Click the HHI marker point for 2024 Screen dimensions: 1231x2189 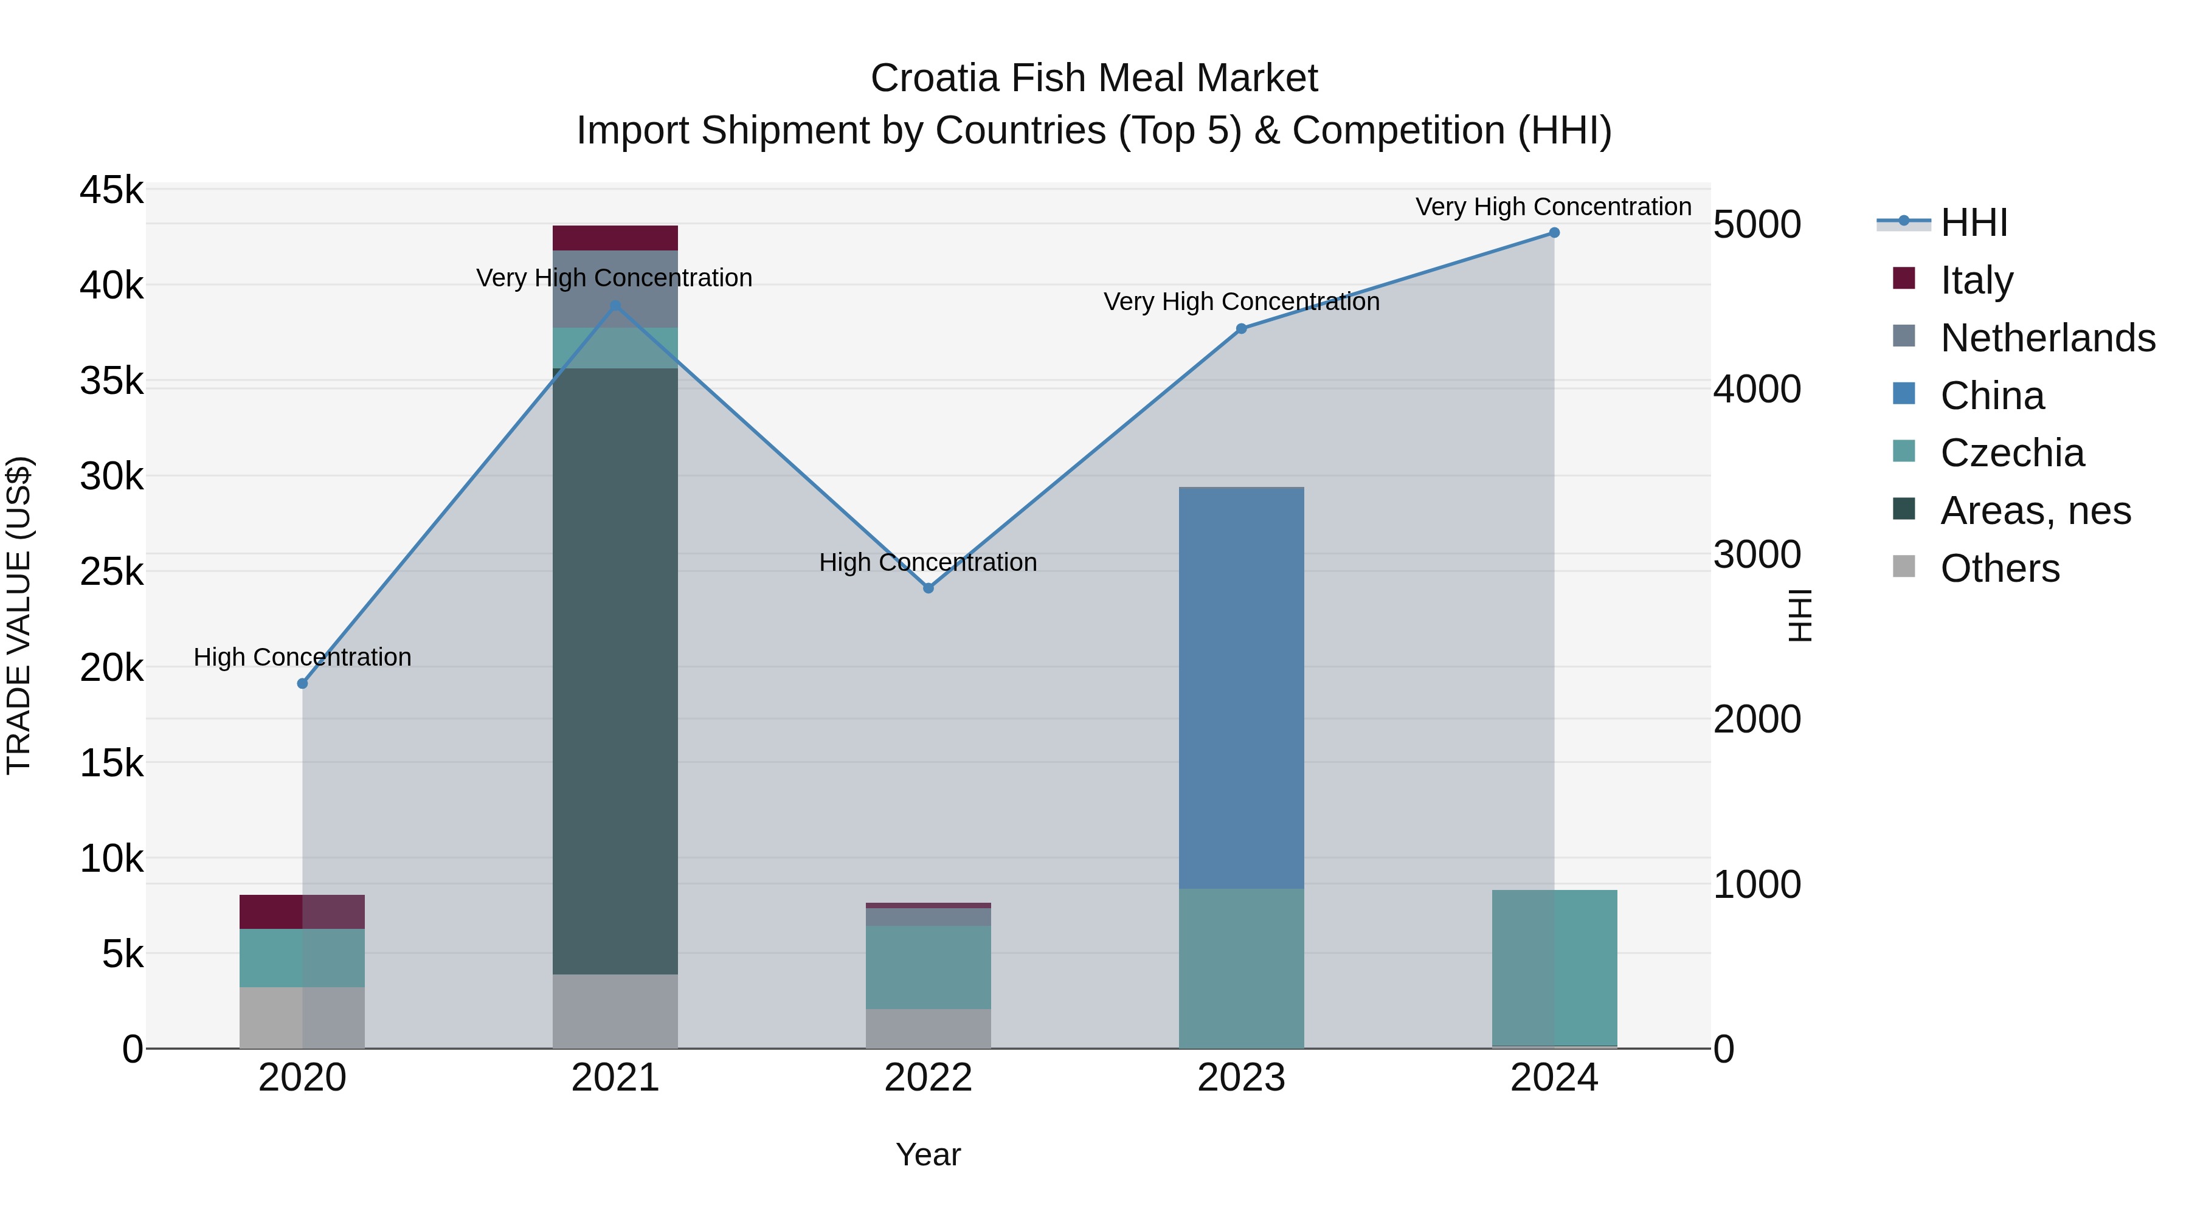1554,233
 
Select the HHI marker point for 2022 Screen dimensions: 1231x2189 928,588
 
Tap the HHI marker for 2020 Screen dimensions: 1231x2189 303,683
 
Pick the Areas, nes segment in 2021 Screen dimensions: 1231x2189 615,671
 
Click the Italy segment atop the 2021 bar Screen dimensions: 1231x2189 615,238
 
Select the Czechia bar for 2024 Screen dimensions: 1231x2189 1554,968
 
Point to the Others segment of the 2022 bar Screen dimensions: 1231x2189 928,1028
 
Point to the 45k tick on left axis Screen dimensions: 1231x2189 111,190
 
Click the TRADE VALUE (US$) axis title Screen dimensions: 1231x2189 19,615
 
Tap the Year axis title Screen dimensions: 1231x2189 928,1154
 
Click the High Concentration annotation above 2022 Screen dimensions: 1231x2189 928,562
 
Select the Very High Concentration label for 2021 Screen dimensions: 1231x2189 614,278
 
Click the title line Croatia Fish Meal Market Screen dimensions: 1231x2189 1094,78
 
